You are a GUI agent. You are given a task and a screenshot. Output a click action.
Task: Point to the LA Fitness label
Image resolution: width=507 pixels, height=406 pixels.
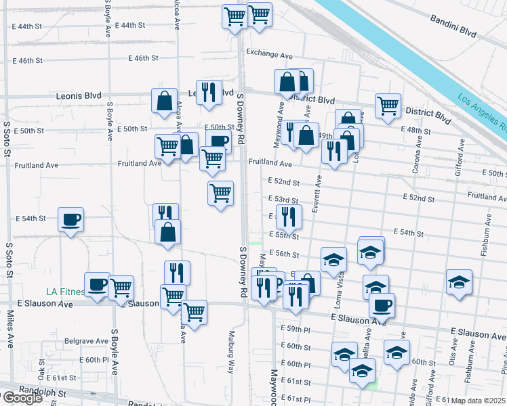65,292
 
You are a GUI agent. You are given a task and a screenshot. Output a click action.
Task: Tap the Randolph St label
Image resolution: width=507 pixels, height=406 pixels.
43,392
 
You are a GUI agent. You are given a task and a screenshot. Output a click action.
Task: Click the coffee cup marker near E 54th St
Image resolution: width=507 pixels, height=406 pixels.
70,220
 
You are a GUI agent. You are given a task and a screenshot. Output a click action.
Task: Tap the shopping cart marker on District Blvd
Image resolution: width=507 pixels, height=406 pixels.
388,106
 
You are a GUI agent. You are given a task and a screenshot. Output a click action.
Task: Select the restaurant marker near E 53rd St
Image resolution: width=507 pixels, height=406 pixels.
290,216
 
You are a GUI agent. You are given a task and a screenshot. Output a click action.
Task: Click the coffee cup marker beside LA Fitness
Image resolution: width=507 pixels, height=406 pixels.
97,284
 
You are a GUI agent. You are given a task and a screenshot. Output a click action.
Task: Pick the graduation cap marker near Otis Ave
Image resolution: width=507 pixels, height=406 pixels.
459,281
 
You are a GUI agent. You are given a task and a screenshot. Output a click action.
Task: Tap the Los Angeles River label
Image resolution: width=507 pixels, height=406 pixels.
481,112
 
